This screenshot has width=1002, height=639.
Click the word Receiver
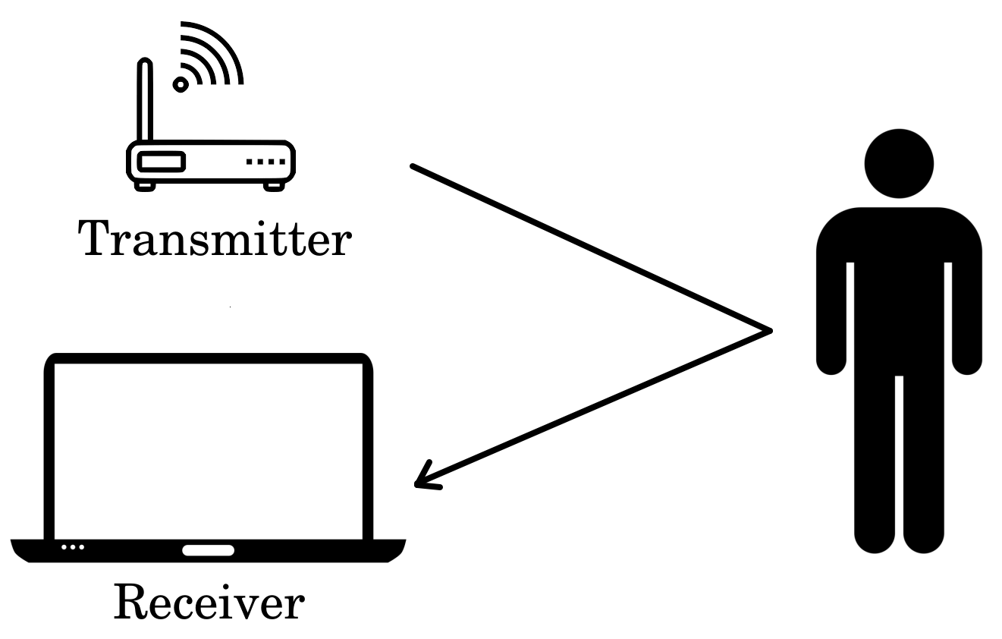[209, 603]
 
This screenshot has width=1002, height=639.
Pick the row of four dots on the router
[265, 162]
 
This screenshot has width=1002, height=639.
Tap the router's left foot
[146, 184]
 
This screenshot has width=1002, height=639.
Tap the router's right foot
[273, 184]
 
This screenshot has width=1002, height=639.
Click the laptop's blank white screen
[209, 448]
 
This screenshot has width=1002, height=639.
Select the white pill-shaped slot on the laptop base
[208, 550]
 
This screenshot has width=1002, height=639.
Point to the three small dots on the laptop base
[73, 546]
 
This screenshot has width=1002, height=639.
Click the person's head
[899, 163]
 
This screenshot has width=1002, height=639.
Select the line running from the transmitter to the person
[592, 248]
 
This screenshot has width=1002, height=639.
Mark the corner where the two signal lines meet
[769, 330]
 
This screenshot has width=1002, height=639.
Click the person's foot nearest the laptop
[875, 540]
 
